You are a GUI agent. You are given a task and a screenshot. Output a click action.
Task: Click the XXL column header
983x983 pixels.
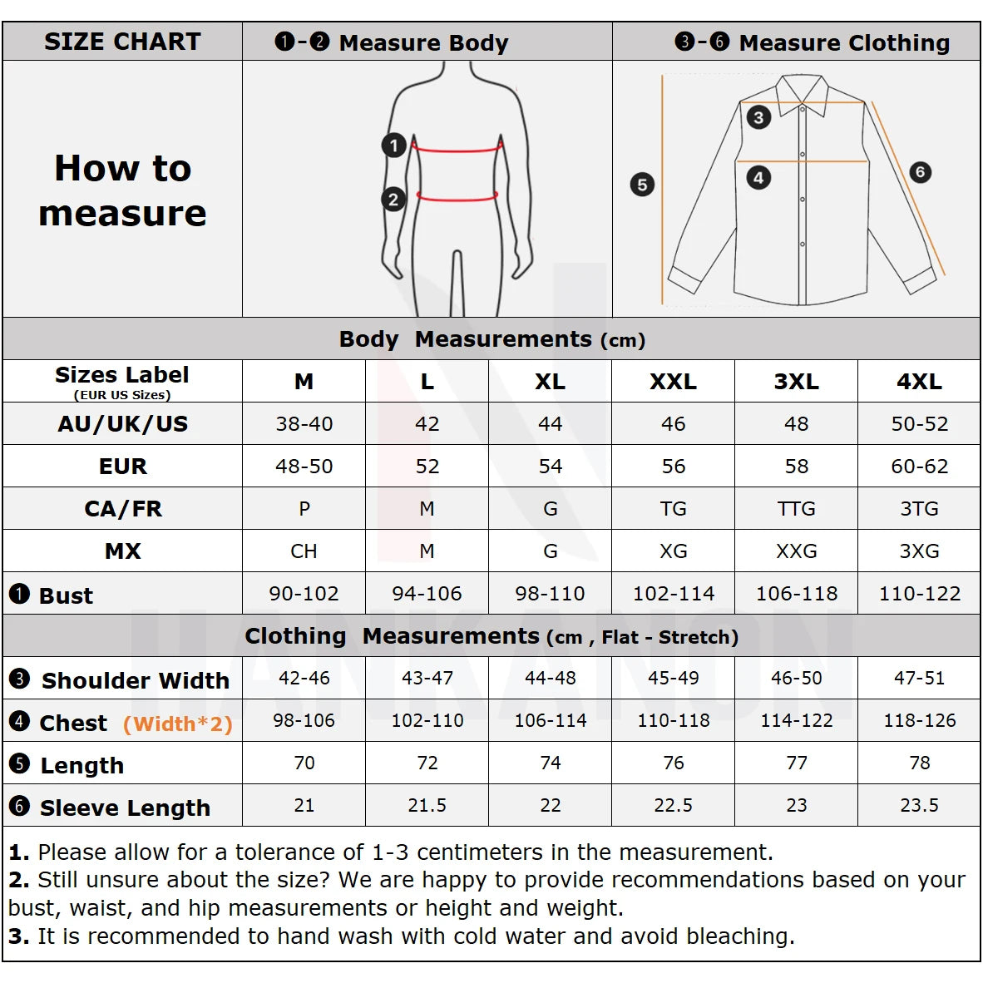coord(673,382)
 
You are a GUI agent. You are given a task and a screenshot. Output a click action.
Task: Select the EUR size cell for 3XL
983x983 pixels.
coord(796,467)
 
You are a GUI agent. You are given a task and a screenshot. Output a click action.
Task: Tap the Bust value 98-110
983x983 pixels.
coord(550,594)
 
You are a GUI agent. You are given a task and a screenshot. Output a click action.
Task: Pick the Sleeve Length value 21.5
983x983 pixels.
coord(427,806)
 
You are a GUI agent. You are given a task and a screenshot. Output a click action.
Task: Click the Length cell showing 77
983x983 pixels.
coord(796,763)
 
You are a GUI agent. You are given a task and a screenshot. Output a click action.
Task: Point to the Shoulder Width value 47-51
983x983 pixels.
coord(919,679)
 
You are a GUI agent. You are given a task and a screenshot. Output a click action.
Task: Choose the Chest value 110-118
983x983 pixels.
coord(673,721)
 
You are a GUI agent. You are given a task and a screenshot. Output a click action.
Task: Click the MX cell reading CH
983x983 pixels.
coord(304,551)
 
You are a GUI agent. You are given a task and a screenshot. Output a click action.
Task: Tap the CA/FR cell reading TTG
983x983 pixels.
coord(796,509)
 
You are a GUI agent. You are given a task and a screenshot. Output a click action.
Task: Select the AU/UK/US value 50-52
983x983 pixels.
coord(919,424)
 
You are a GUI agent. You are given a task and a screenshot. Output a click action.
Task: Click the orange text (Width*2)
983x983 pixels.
coord(177,724)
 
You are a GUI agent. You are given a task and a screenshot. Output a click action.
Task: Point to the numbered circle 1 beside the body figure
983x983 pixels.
coord(393,146)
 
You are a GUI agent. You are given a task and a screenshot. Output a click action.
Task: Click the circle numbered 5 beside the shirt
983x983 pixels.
coord(642,185)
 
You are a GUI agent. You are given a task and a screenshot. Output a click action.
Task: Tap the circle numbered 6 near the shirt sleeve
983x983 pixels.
coord(919,172)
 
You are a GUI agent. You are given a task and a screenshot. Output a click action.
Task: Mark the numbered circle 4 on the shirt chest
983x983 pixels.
coord(758,177)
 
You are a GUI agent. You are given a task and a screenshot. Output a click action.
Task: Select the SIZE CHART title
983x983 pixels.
coord(122,42)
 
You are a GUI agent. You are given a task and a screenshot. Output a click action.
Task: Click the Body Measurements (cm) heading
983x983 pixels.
coord(491,339)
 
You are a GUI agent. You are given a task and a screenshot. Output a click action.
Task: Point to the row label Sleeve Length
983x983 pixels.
coord(125,808)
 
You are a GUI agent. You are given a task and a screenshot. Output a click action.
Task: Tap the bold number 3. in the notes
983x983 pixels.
coord(18,936)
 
